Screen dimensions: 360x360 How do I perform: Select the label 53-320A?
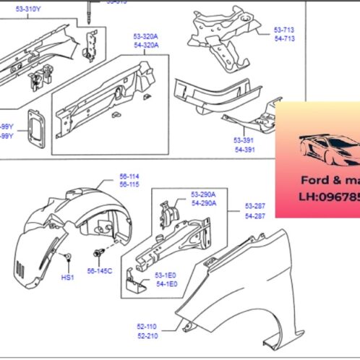click(x=146, y=36)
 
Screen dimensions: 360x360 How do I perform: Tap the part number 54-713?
click(x=284, y=38)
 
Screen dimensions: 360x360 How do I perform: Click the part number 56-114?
click(x=108, y=176)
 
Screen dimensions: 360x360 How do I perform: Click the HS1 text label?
click(x=67, y=278)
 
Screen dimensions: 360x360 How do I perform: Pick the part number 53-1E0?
click(x=166, y=275)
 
